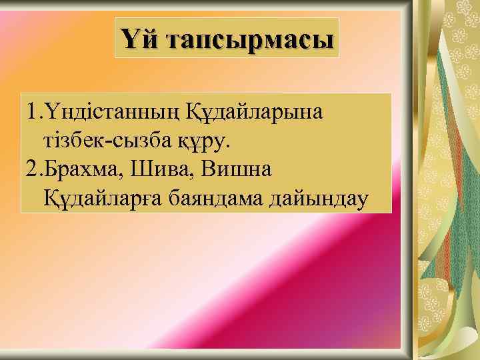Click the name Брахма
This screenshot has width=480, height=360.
(79, 169)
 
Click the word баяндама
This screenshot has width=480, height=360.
(212, 199)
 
